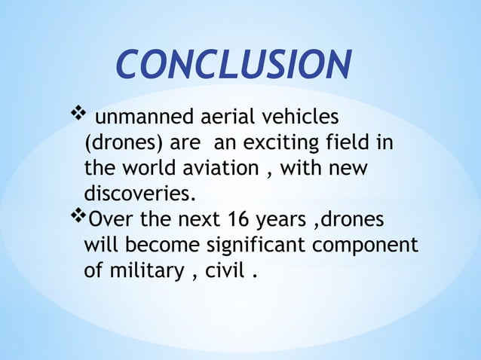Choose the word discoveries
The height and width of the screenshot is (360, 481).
tap(139, 194)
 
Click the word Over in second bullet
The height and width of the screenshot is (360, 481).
tap(112, 219)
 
